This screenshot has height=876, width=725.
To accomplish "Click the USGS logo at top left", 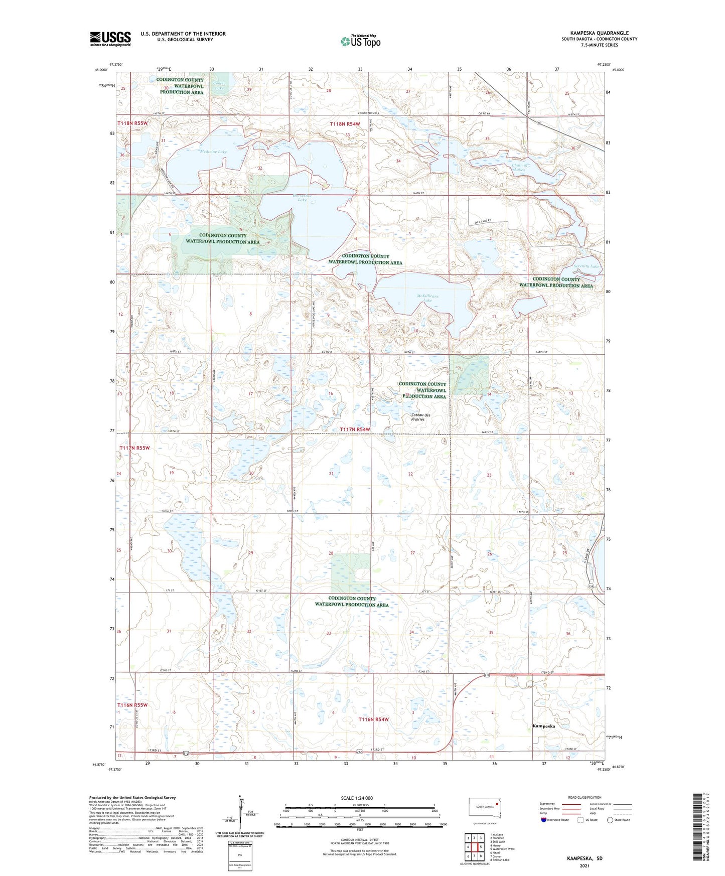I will click(110, 39).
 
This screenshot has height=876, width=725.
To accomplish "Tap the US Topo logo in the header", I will click(360, 41).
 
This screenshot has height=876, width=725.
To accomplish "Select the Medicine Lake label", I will click(213, 152).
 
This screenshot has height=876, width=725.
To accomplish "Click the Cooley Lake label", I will click(219, 86).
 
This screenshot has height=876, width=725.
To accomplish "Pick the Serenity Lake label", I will click(587, 266).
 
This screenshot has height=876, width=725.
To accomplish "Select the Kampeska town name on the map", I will click(543, 726).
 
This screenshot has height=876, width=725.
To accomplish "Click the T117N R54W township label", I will click(355, 429).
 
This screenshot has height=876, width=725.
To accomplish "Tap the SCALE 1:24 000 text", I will click(356, 798).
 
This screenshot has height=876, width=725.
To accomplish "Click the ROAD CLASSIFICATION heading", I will click(585, 797).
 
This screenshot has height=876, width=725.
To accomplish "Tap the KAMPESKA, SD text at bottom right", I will click(585, 858).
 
